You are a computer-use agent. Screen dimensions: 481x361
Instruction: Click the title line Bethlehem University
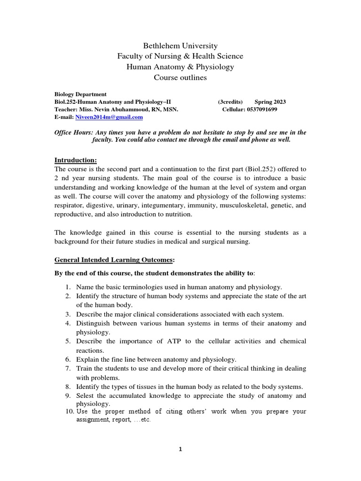pos(180,46)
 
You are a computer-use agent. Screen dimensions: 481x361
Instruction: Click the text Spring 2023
pos(270,102)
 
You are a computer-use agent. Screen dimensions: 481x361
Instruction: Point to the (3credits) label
pos(230,102)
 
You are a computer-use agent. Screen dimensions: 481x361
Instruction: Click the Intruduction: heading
pos(76,160)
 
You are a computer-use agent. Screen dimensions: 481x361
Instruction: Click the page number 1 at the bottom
pos(180,449)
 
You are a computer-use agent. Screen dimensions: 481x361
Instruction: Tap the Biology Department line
pos(80,94)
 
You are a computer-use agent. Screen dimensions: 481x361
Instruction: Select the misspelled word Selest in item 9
pos(86,396)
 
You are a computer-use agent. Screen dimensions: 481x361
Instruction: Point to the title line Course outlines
pos(180,78)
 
